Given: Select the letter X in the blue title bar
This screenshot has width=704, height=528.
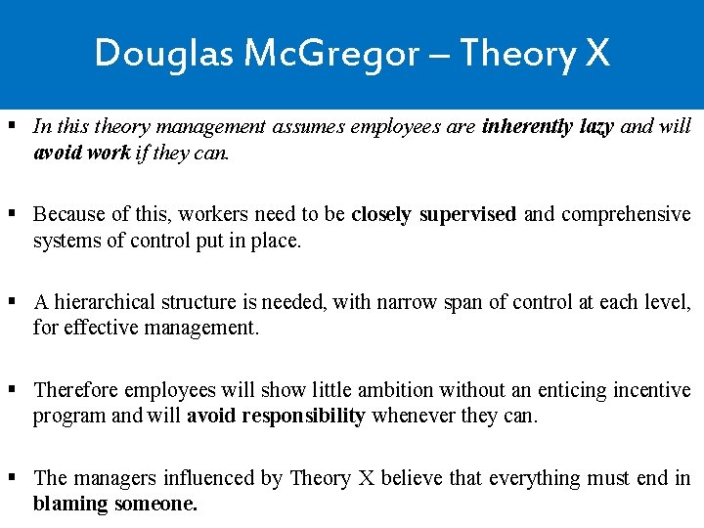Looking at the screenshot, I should point(596,53).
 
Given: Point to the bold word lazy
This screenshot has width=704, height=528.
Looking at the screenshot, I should point(597,126).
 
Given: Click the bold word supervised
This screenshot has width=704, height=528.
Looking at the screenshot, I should point(467,214).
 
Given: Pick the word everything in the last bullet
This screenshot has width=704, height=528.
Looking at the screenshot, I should point(536,478).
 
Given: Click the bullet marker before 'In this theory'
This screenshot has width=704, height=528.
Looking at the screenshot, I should point(12,126).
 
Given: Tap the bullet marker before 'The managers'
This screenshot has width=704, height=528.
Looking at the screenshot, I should point(12,478).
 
